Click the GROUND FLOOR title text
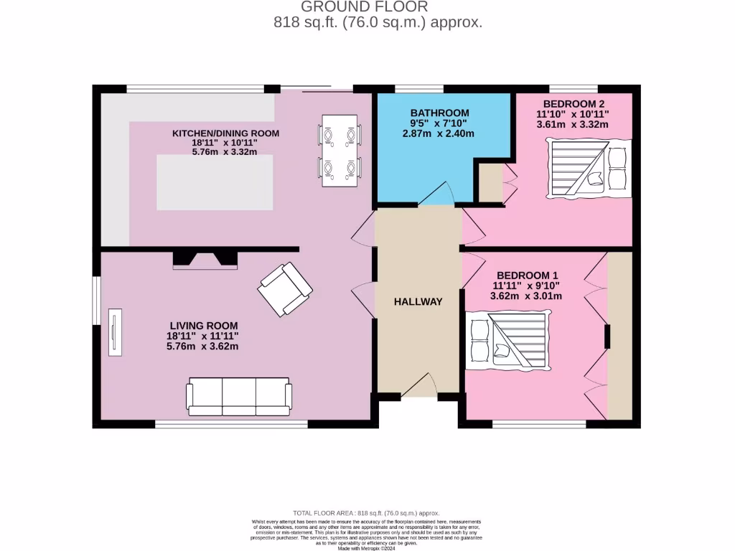(x=364, y=6)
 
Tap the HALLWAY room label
(x=418, y=302)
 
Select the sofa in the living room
(x=239, y=396)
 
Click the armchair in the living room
(x=285, y=290)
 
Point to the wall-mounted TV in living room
(x=115, y=331)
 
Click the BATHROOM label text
(x=440, y=113)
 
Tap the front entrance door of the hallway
(x=419, y=385)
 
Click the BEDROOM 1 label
(x=528, y=275)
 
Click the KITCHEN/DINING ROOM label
(x=225, y=133)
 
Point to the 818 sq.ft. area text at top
(x=378, y=22)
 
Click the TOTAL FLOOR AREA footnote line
(x=367, y=514)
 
